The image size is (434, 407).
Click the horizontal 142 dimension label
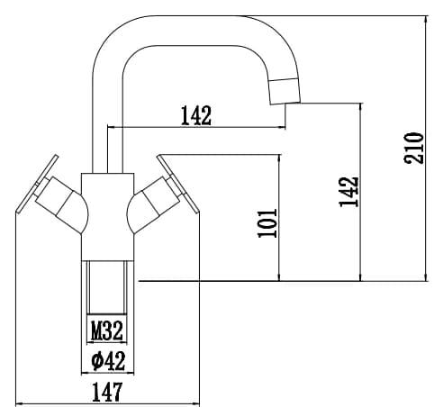[x=196, y=115]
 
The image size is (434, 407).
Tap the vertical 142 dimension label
[x=348, y=192]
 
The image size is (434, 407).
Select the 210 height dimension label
[x=414, y=148]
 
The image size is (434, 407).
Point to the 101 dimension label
[x=267, y=223]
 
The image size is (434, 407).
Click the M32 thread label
[x=107, y=330]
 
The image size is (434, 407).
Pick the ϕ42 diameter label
[x=108, y=360]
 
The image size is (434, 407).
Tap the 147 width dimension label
[x=107, y=392]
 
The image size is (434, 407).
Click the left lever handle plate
[x=38, y=184]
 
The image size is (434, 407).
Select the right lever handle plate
[x=178, y=184]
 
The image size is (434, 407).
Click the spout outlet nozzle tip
[x=285, y=91]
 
